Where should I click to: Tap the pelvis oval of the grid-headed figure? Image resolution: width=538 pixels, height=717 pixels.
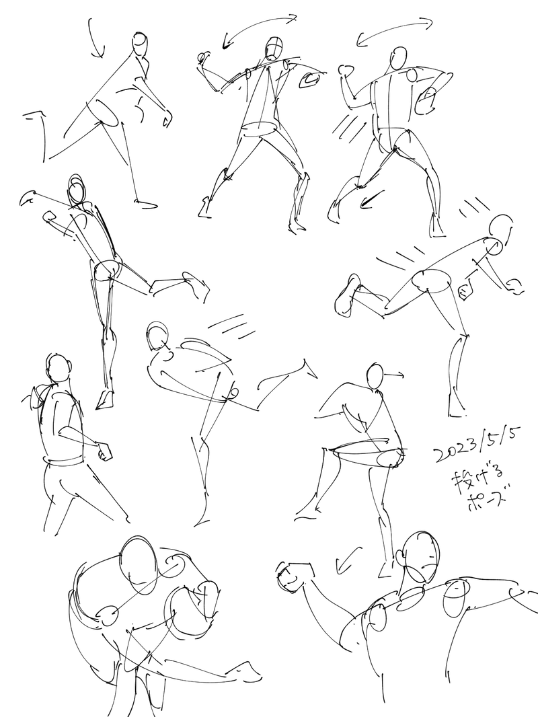[259, 130]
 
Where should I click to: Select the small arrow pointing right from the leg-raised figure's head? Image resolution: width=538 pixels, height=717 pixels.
[394, 375]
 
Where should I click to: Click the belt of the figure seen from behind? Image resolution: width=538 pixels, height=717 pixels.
[63, 461]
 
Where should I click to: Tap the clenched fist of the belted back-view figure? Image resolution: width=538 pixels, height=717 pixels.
[106, 451]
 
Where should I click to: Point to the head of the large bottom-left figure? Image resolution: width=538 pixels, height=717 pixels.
[139, 565]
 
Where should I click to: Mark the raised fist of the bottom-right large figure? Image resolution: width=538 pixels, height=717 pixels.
[290, 577]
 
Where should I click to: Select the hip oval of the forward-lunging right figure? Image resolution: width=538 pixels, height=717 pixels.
[432, 280]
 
